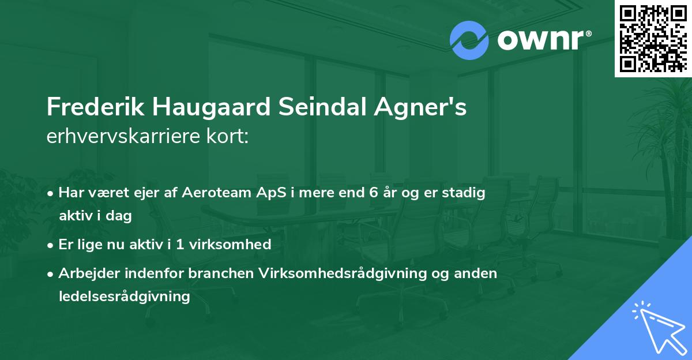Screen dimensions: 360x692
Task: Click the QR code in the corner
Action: (x=653, y=38)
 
